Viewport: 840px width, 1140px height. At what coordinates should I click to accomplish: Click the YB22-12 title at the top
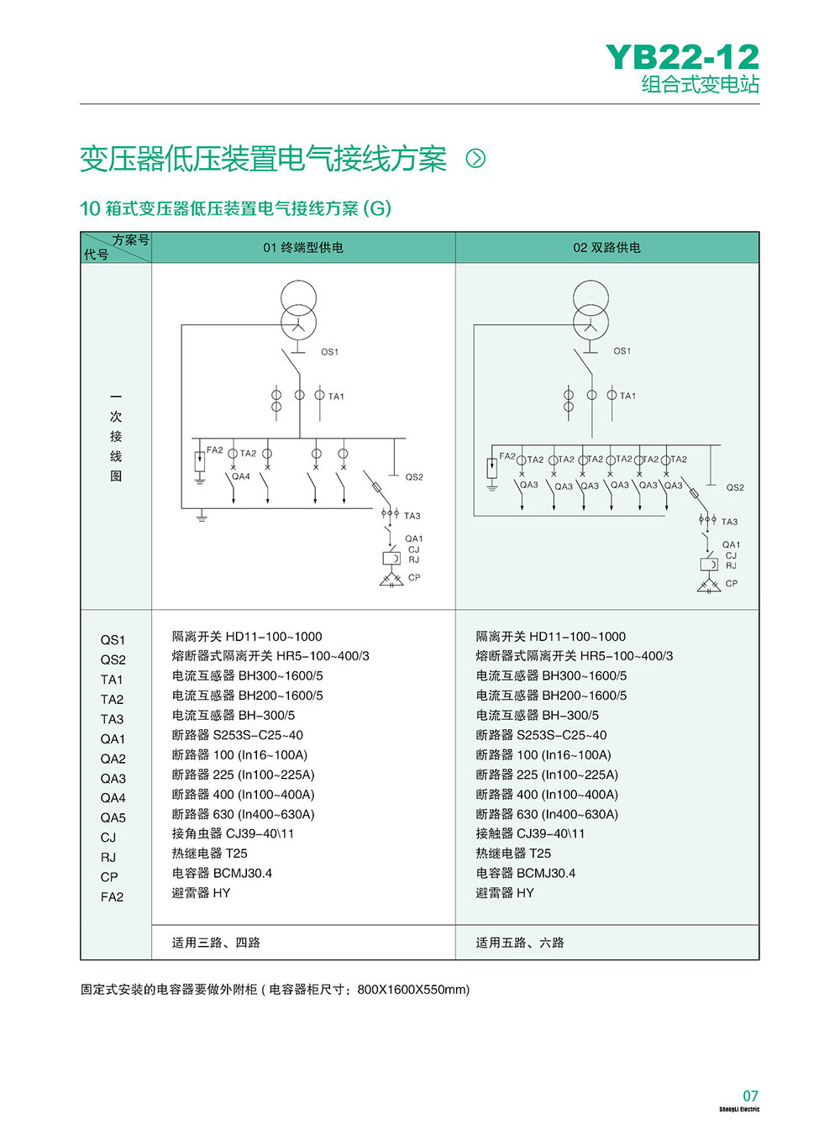tap(682, 57)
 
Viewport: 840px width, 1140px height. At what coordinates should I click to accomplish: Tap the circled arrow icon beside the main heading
tap(475, 158)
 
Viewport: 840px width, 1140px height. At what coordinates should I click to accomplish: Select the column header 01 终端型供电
tap(303, 248)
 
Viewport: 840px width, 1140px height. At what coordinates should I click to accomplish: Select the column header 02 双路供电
tap(606, 248)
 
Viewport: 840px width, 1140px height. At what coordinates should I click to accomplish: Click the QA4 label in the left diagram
tap(241, 476)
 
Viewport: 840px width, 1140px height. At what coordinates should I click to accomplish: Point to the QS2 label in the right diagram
tap(735, 487)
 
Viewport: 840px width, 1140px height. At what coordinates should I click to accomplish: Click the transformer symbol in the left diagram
tap(298, 308)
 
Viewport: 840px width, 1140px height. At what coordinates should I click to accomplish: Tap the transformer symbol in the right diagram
tap(591, 308)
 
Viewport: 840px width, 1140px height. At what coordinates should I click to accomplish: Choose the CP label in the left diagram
tap(414, 577)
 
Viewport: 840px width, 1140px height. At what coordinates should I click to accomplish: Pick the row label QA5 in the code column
tap(113, 817)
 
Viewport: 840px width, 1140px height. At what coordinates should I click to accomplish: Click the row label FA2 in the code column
tap(112, 896)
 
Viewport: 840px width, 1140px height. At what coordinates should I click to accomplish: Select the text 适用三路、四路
tap(216, 943)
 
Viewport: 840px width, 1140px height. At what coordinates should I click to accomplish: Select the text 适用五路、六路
tap(520, 943)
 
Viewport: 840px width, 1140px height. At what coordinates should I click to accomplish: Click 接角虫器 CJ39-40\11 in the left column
tap(233, 833)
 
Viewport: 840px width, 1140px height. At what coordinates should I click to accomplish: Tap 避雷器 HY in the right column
tap(505, 893)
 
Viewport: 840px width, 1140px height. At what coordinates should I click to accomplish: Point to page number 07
tap(750, 1095)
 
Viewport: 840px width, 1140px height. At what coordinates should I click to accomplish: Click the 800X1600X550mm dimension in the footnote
tap(412, 990)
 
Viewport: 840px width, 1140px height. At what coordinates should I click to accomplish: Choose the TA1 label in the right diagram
tap(627, 396)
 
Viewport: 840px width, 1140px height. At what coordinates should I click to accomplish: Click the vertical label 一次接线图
tap(116, 436)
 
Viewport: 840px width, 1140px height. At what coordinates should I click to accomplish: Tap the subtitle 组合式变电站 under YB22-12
tap(700, 85)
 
